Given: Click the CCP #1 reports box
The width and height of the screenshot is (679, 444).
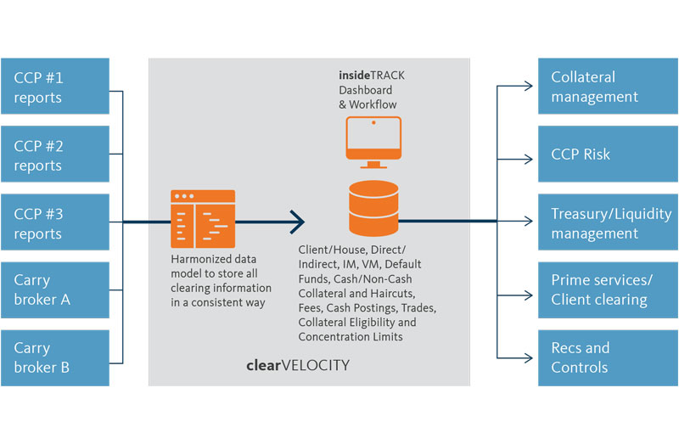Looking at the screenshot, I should tap(54, 86).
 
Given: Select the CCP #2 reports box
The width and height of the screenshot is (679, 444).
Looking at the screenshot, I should tap(54, 154).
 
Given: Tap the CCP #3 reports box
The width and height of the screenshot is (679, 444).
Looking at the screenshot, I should tap(54, 222).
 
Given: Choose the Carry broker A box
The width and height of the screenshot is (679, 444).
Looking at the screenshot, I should tap(54, 289).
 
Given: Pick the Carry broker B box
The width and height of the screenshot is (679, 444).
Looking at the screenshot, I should tap(54, 357).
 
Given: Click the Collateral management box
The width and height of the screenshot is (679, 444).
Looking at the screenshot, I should tap(609, 86).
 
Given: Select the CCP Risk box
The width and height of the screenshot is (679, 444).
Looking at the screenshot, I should tap(609, 154).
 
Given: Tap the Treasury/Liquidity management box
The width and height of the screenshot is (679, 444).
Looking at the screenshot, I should tap(609, 222).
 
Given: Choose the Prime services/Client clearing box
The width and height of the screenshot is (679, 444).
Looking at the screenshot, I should tap(609, 289).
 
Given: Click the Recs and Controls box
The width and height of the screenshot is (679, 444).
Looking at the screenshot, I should tap(609, 357).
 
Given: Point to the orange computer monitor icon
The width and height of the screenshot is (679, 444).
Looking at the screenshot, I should tap(373, 143).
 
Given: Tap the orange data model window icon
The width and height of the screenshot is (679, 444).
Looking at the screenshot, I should tap(203, 218).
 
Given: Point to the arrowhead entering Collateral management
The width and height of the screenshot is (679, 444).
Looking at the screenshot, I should tap(530, 86).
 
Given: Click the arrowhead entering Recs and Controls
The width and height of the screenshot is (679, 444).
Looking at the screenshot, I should tap(530, 357).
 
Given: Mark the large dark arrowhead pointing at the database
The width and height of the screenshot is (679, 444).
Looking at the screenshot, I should tap(297, 222).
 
